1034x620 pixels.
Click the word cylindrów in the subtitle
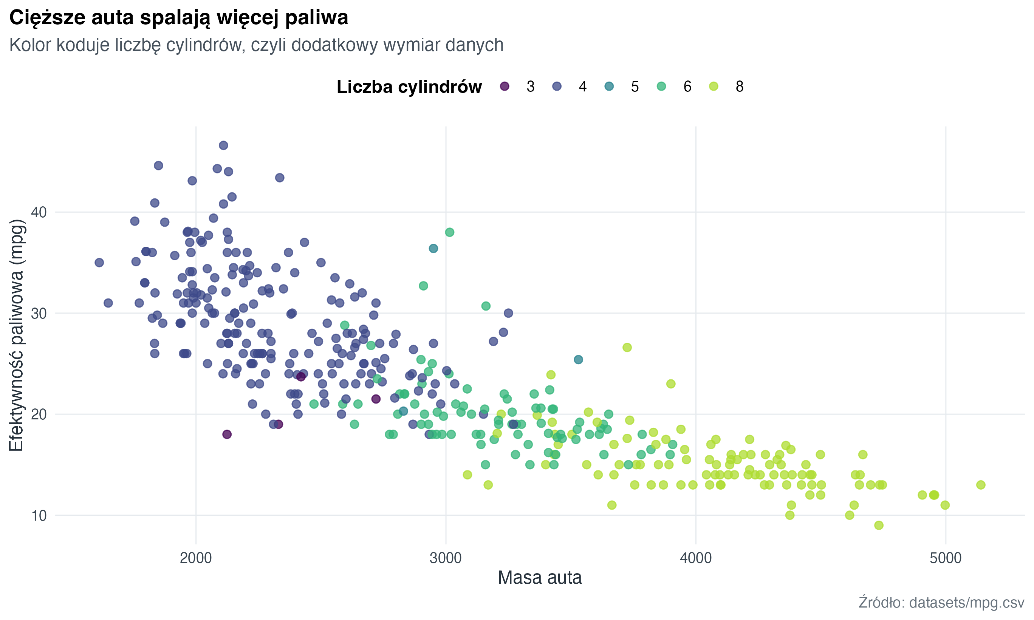pyautogui.click(x=205, y=45)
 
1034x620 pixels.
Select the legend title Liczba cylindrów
pyautogui.click(x=409, y=87)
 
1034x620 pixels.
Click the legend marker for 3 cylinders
pyautogui.click(x=505, y=87)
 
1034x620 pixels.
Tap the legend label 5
pyautogui.click(x=635, y=87)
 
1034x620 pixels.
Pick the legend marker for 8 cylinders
pyautogui.click(x=714, y=87)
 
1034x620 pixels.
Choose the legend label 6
pyautogui.click(x=687, y=87)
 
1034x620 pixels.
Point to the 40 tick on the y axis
pyautogui.click(x=39, y=212)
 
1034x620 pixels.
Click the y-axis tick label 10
pyautogui.click(x=39, y=516)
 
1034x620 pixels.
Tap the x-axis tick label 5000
pyautogui.click(x=946, y=558)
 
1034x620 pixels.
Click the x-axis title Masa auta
pyautogui.click(x=539, y=578)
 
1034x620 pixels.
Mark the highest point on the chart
pyautogui.click(x=223, y=145)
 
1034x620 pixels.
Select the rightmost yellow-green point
pyautogui.click(x=981, y=485)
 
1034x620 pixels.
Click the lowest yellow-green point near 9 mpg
pyautogui.click(x=879, y=526)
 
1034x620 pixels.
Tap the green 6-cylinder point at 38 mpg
pyautogui.click(x=449, y=232)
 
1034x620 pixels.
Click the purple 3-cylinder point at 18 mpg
pyautogui.click(x=227, y=434)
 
